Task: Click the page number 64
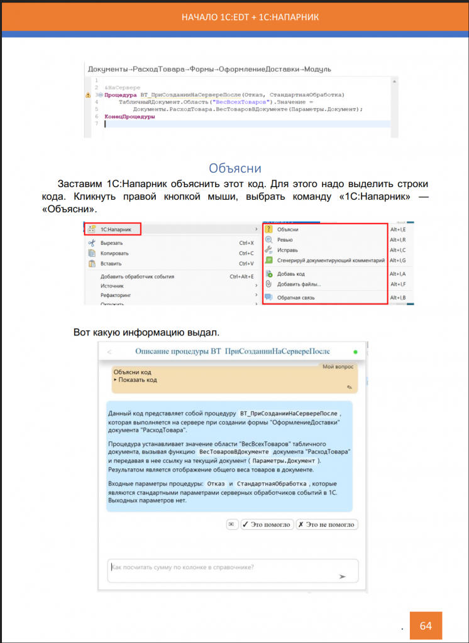[x=426, y=626]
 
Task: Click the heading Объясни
[x=234, y=168]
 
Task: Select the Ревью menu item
[x=285, y=240]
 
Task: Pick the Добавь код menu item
[x=291, y=274]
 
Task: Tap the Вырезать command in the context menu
[x=111, y=242]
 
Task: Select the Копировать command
[x=114, y=253]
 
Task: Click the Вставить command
[x=112, y=263]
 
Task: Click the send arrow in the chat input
[x=342, y=575]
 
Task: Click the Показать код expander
[x=135, y=380]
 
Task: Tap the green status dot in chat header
[x=355, y=352]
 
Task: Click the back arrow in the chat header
[x=110, y=352]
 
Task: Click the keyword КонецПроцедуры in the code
[x=130, y=116]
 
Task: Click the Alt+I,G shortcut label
[x=397, y=260]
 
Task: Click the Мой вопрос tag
[x=338, y=365]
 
